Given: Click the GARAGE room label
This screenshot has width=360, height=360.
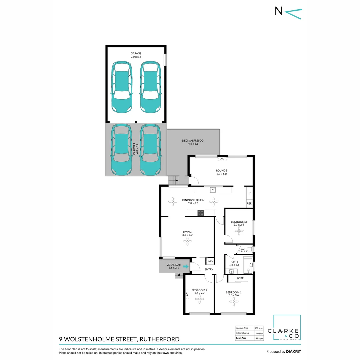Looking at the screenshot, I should pyautogui.click(x=136, y=53).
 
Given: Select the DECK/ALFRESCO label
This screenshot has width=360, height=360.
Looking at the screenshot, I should pyautogui.click(x=192, y=141).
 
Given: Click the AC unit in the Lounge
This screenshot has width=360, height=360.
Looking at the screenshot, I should pyautogui.click(x=222, y=159).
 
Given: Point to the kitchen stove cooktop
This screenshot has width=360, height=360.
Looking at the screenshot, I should pyautogui.click(x=201, y=213).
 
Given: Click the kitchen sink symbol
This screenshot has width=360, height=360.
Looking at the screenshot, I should pyautogui.click(x=213, y=190).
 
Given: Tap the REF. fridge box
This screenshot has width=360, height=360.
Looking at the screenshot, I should pyautogui.click(x=249, y=203).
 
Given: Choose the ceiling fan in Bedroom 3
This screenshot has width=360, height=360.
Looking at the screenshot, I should pyautogui.click(x=239, y=231).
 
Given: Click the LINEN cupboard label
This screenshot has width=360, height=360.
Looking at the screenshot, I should pyautogui.click(x=210, y=262).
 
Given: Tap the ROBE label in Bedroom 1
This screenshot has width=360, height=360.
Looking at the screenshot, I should pyautogui.click(x=240, y=278).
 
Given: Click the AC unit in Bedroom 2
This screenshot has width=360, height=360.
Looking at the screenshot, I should pyautogui.click(x=187, y=294).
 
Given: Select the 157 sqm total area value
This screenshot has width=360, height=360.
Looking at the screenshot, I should pyautogui.click(x=259, y=338).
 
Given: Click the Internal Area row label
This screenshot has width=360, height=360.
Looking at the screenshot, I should pyautogui.click(x=242, y=328).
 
